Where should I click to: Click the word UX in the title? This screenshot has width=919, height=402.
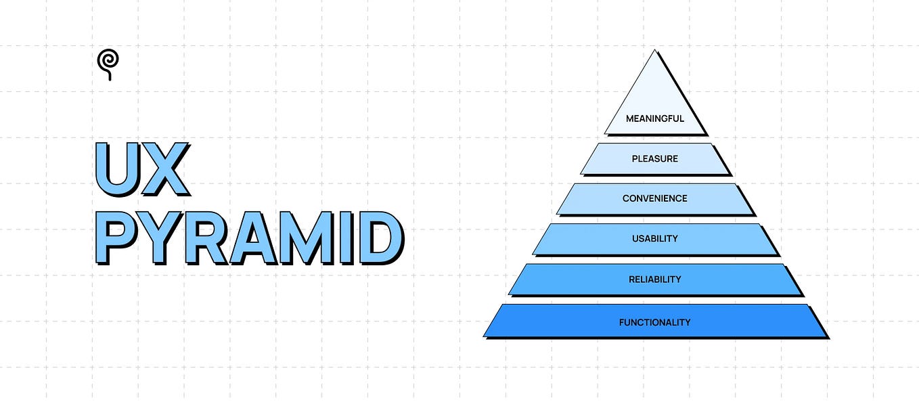(142, 169)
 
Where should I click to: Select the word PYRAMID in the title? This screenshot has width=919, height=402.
(250, 238)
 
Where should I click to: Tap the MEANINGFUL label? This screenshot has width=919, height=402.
(655, 118)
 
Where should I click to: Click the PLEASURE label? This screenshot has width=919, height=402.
(655, 159)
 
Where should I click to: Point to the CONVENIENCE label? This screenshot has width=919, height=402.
(655, 198)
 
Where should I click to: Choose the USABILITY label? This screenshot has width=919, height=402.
(655, 239)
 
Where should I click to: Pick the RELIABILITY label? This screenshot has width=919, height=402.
(655, 280)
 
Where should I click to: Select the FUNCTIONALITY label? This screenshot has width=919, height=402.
(655, 322)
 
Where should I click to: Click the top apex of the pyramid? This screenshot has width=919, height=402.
(654, 50)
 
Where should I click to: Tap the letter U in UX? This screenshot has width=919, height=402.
(117, 169)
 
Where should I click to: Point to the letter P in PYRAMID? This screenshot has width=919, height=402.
(116, 238)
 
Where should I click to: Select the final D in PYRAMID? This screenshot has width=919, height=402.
(382, 238)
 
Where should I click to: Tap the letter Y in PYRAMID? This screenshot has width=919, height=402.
(160, 238)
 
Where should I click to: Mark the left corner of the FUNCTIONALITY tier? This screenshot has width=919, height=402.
(484, 336)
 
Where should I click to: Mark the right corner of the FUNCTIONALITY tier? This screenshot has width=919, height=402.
(827, 337)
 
